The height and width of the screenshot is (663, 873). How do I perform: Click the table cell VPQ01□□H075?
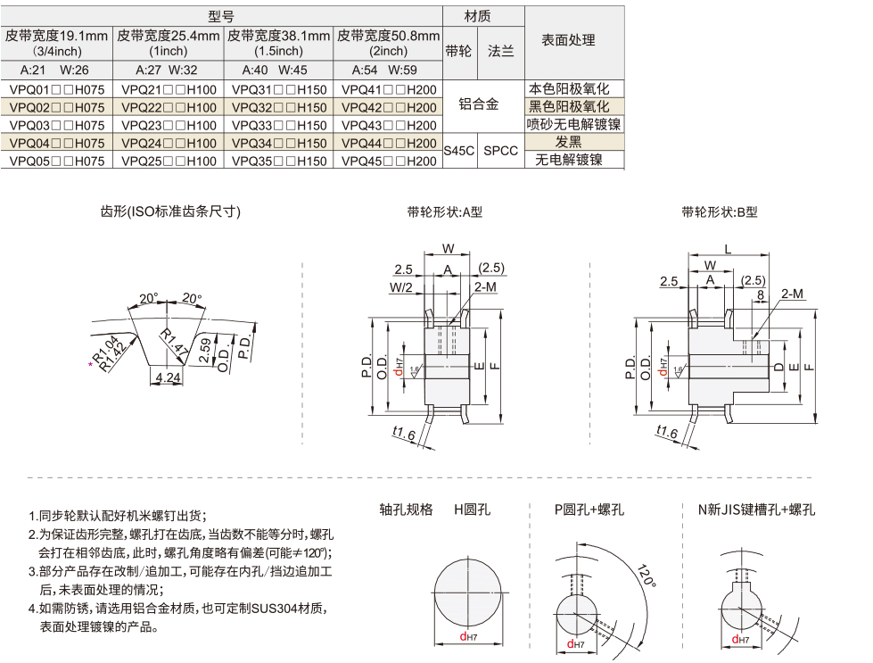point(56,89)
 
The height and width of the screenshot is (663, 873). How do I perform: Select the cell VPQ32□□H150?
point(279,107)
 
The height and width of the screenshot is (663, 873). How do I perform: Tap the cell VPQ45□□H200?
point(390,161)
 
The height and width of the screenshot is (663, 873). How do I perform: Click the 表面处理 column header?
point(568,40)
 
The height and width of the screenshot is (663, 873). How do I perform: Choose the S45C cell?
point(458,151)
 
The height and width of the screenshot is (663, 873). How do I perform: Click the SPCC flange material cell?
point(500,151)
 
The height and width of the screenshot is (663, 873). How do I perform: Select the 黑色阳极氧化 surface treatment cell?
point(569,107)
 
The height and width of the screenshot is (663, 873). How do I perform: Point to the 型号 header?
point(221,16)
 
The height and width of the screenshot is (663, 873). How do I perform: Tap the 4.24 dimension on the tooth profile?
point(167,377)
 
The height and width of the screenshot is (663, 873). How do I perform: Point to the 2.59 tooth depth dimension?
point(206,350)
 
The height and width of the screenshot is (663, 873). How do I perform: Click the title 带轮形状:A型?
point(444,212)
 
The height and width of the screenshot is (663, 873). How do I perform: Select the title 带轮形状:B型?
point(719,212)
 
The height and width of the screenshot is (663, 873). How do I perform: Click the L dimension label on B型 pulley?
point(728,249)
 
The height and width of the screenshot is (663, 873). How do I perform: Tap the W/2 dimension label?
point(400,287)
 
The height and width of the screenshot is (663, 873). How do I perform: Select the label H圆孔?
point(472,510)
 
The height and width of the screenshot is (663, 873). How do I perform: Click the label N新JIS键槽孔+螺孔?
point(756,510)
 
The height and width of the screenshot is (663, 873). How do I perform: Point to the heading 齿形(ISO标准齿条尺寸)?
point(170,211)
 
